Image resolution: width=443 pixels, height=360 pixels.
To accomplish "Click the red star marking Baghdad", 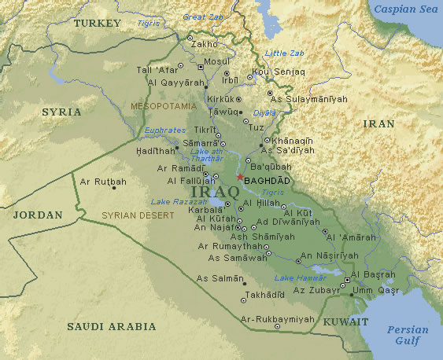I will coord(240,178).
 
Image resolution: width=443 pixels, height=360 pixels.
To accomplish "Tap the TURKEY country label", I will coord(97,24).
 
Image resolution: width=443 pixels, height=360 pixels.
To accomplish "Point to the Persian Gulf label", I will coord(408,335).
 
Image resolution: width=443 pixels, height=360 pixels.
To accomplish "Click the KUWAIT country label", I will coord(346,322).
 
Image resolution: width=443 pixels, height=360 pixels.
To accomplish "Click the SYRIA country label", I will coord(61,112).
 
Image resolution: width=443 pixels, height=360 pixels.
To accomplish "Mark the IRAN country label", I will coord(378,124).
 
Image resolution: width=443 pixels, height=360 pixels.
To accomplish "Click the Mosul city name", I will coord(216,61).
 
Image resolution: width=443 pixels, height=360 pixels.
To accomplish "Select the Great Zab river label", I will coord(202,17).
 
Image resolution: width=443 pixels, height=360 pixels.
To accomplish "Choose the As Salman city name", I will coord(216,278).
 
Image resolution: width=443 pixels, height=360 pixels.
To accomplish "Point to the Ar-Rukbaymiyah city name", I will coord(277,319).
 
